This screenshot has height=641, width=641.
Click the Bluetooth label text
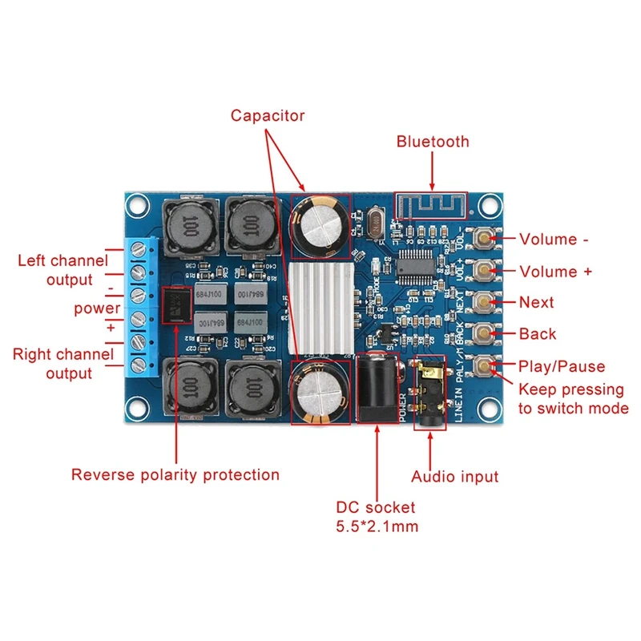click(433, 142)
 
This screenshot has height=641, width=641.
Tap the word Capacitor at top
click(268, 115)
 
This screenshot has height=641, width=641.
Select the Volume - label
click(559, 239)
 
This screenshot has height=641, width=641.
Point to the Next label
click(537, 303)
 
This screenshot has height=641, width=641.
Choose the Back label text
click(538, 334)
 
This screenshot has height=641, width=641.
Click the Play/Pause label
click(562, 366)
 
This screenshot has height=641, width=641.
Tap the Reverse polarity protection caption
click(175, 475)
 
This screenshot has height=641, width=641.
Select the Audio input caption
click(455, 478)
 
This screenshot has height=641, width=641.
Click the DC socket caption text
click(377, 507)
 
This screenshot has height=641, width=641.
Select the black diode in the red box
click(176, 304)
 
